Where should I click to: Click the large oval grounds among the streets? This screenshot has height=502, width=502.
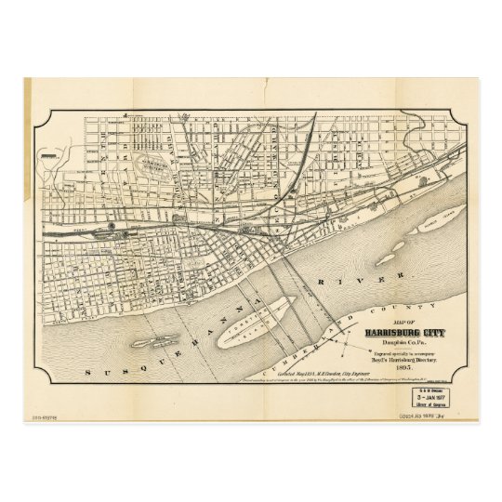pos(148,168)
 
